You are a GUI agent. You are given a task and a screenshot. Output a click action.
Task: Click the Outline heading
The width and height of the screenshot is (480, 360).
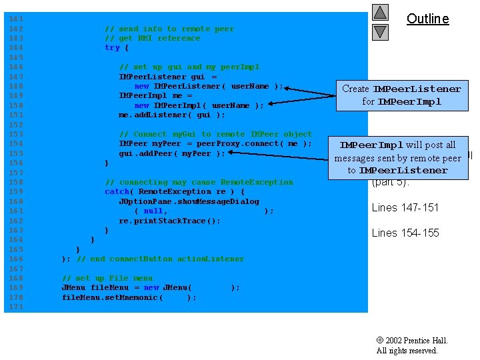427,19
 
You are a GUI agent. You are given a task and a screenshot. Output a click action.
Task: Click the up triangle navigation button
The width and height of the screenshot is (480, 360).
380,13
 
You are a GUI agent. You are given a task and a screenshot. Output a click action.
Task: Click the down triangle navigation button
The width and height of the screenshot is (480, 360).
380,31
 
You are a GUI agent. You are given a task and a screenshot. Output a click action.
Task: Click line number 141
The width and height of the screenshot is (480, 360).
16,19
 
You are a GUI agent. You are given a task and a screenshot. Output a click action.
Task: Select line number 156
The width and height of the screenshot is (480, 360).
16,163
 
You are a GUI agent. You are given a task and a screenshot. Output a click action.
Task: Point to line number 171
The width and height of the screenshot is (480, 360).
16,307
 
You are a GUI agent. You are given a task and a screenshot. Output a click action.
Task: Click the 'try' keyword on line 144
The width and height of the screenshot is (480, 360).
112,48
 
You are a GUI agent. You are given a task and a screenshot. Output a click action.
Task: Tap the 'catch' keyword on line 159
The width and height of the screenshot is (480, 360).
117,191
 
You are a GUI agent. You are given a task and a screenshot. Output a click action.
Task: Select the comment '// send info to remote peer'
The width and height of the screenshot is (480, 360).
169,29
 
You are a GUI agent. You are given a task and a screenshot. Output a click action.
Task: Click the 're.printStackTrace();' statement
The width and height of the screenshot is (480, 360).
169,221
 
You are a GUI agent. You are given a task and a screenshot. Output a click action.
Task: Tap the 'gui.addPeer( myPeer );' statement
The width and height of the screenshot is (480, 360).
172,153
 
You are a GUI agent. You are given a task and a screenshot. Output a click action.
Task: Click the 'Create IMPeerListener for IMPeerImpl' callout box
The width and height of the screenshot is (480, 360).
401,95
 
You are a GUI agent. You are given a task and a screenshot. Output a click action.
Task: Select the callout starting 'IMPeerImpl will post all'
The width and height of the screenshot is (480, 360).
397,157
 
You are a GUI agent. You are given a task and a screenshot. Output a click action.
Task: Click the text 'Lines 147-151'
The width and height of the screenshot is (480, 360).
405,207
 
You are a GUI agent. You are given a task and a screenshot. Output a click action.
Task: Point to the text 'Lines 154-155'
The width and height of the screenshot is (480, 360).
405,233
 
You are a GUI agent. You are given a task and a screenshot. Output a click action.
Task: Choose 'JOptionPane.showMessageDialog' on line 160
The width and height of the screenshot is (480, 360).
189,201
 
